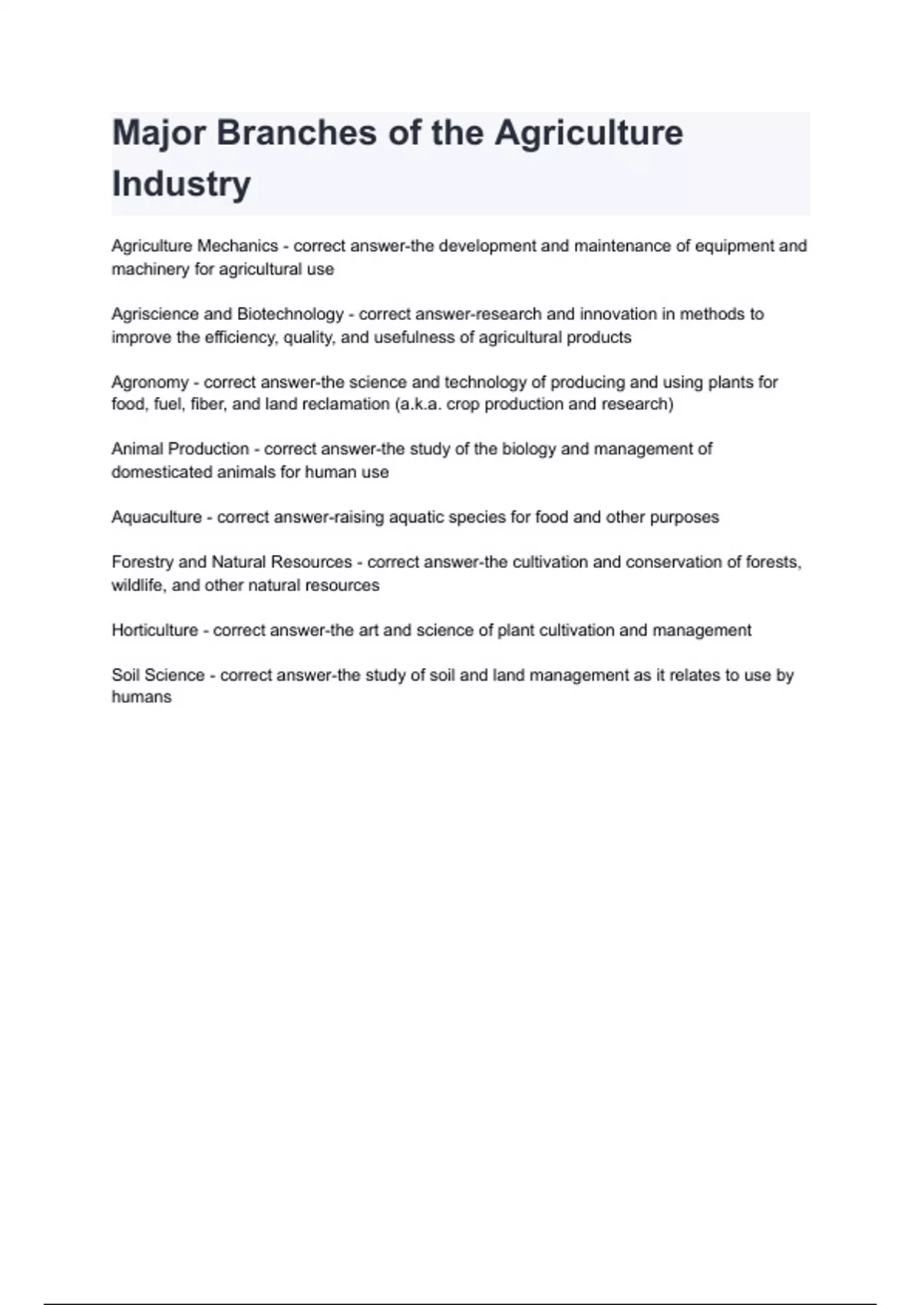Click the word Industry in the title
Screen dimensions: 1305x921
click(181, 184)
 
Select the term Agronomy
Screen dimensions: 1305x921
click(150, 382)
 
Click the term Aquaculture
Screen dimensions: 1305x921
click(157, 517)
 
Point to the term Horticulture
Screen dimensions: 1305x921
click(154, 630)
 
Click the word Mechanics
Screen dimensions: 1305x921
click(238, 246)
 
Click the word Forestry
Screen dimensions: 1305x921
click(142, 562)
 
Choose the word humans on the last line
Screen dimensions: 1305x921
click(141, 697)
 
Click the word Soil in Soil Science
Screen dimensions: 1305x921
click(125, 676)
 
